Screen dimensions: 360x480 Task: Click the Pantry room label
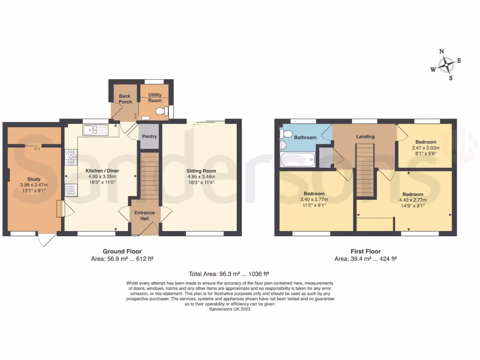(150, 136)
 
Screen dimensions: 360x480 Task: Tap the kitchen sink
(95, 130)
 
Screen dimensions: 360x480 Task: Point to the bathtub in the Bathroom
(299, 160)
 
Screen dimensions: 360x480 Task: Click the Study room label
(34, 179)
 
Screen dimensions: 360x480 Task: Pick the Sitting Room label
(202, 171)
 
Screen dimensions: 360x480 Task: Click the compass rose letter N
(442, 52)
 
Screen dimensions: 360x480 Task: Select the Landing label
(365, 136)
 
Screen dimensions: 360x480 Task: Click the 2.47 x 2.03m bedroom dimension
(426, 148)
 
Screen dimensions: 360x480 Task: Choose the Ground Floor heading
(122, 251)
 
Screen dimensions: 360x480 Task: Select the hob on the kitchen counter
(71, 157)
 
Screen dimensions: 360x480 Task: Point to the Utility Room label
(155, 97)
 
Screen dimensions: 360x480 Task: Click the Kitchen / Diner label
(100, 171)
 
